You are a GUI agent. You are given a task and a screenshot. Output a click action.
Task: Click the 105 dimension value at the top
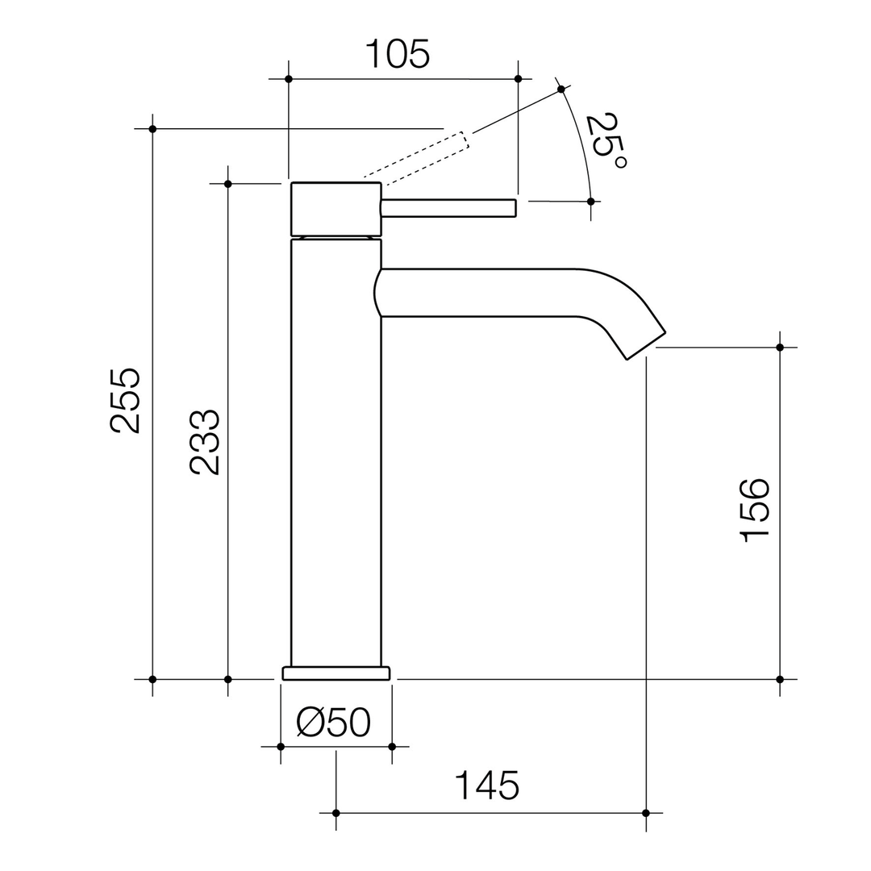[x=398, y=55]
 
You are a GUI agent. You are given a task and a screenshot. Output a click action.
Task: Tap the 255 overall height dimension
[x=126, y=401]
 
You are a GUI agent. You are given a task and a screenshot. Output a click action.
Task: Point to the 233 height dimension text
[x=205, y=443]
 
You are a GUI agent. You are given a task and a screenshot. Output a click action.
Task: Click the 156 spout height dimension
[x=756, y=511]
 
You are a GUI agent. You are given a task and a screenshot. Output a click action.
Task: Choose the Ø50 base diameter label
[x=334, y=722]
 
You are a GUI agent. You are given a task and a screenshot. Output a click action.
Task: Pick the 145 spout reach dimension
[x=487, y=786]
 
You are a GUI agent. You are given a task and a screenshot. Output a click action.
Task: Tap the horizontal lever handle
[x=448, y=208]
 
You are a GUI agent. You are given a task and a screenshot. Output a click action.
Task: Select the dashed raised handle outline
[x=415, y=156]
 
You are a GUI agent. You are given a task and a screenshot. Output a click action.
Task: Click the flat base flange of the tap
[x=335, y=673]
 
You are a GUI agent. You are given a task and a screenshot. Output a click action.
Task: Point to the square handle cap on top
[x=335, y=209]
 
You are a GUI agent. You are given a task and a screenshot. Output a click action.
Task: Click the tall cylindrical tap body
[x=335, y=452]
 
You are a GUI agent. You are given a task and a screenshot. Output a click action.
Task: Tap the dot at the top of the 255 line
[x=152, y=129]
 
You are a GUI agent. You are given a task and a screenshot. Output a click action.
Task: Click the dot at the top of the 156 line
[x=780, y=348]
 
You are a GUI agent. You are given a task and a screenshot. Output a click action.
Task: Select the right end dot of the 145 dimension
[x=646, y=813]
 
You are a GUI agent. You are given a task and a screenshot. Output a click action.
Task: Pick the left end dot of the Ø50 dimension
[x=281, y=747]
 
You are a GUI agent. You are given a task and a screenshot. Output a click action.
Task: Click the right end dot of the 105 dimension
[x=518, y=79]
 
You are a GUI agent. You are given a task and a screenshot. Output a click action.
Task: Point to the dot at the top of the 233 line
[x=228, y=184]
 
